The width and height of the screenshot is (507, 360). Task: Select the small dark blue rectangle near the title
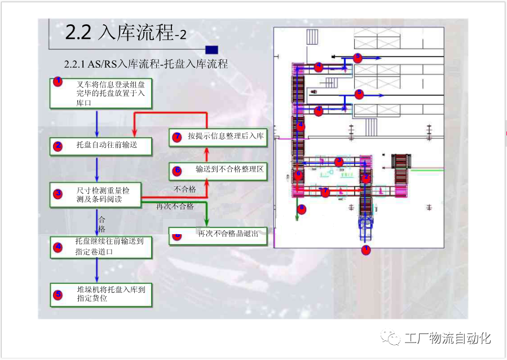(x=212, y=50)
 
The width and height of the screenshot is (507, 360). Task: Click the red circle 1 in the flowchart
(x=57, y=82)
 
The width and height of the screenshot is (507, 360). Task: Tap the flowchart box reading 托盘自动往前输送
(x=101, y=146)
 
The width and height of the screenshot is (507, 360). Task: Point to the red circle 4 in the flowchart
(x=57, y=246)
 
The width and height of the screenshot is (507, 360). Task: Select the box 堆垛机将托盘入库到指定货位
(x=101, y=294)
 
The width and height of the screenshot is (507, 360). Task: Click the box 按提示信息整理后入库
(x=218, y=137)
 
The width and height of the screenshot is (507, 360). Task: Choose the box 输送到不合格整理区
(x=218, y=170)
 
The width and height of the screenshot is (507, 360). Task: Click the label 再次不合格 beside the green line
(x=175, y=207)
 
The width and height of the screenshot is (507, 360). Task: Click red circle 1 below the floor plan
(x=365, y=249)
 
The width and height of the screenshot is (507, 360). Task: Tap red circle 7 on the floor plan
(x=325, y=192)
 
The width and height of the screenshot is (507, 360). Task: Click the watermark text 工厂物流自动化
(x=447, y=339)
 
